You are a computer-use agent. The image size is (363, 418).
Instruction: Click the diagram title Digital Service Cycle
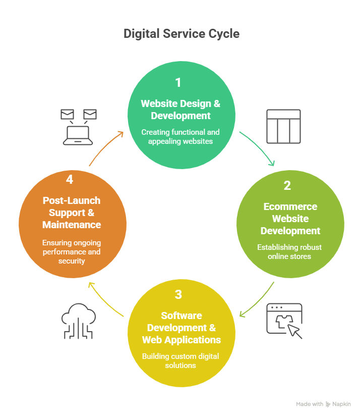pos(181,34)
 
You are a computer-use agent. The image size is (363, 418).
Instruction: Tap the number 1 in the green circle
pos(178,82)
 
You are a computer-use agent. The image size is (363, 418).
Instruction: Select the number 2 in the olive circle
pos(287,185)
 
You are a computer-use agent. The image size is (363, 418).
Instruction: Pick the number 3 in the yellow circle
pos(178,294)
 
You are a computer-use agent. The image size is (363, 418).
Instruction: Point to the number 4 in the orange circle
pos(70,179)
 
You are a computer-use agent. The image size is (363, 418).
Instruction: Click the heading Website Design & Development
pos(180,110)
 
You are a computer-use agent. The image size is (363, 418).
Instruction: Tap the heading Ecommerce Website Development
pos(290,219)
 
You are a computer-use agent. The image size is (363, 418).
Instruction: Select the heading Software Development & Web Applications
pos(181,328)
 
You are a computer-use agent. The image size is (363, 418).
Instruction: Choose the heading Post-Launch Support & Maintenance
pos(72,213)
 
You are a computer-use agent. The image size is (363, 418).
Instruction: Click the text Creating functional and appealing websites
pos(180,137)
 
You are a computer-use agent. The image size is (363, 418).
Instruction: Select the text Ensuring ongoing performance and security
pos(71,251)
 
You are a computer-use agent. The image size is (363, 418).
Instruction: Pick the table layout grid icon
pos(283,126)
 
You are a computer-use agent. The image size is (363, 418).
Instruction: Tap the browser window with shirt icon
pos(284,321)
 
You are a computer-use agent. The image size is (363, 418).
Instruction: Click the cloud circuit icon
pos(78,321)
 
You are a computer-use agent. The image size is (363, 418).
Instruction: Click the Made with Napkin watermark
pos(323,404)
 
